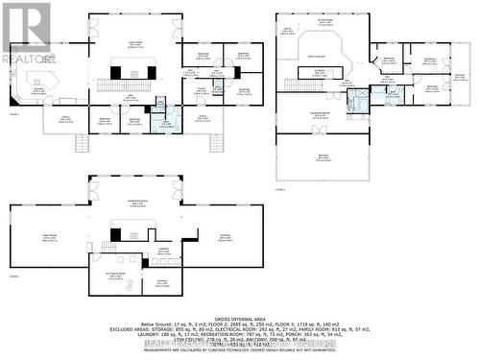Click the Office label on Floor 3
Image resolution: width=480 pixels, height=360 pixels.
pyautogui.click(x=286, y=30)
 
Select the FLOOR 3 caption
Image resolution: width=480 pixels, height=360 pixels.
pyautogui.click(x=279, y=190)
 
